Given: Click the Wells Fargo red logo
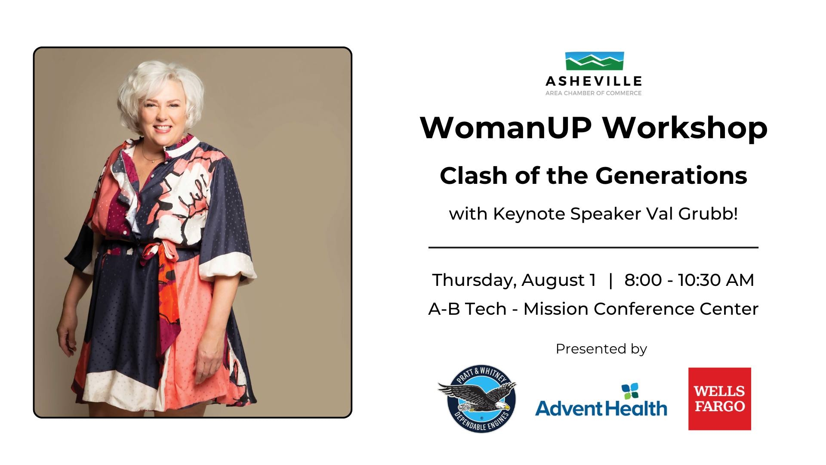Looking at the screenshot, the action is pos(720,399).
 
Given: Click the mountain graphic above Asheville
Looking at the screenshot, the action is pos(594,61).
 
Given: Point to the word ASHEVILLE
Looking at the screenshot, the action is pos(594,81).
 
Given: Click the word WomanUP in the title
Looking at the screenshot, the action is pos(505,127).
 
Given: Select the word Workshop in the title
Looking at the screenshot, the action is pos(685,128).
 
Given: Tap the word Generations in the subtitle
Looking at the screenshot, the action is pos(671,176).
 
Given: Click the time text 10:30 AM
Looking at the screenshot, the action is pos(716,280).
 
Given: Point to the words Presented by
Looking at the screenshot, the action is pos(601,349).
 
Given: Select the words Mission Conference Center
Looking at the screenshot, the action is pos(641,309).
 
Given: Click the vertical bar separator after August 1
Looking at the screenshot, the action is pos(610,280).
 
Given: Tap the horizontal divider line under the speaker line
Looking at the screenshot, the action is pos(593,248).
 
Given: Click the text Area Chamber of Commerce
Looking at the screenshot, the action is pos(594,93).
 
